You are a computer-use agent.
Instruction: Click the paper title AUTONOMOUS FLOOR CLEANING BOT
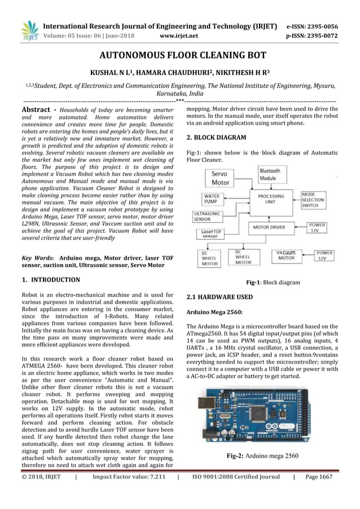179,56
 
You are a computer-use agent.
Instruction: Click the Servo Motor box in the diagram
220,179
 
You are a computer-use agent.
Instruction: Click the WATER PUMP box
211,199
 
